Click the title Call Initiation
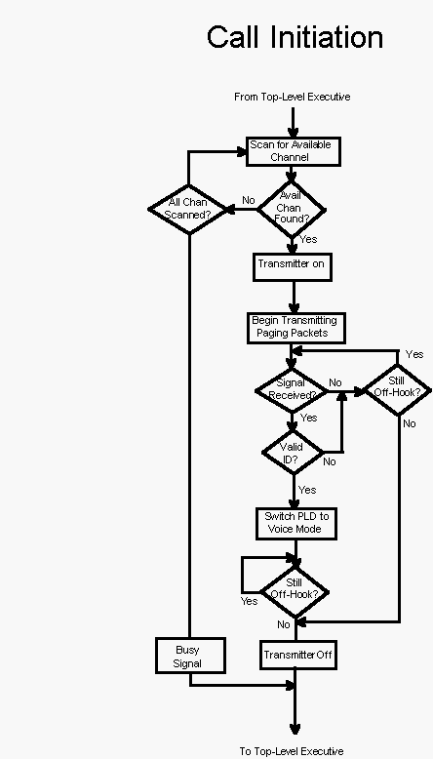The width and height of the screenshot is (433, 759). coord(295,37)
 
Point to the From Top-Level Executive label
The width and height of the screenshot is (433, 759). coord(293,97)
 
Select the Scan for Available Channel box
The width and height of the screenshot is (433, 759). coord(294,151)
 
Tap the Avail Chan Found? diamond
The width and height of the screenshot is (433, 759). coord(292,209)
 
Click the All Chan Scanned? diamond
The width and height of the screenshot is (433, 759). coord(188,209)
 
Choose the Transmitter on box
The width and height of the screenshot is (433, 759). coord(293,266)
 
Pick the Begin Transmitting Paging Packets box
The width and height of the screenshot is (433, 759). coord(296,328)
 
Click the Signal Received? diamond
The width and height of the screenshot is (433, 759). coord(292,391)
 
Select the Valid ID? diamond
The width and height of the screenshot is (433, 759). coord(293,453)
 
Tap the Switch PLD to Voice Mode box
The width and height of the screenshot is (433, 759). coord(296,524)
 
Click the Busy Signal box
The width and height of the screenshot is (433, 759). coord(190,656)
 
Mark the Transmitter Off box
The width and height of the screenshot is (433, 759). coord(298,656)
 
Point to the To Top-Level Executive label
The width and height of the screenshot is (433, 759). coord(292,751)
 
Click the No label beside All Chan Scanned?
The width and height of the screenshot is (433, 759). coord(248,200)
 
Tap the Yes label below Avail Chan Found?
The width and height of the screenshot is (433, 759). coord(308,239)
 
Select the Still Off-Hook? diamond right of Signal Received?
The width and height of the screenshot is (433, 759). coord(397,389)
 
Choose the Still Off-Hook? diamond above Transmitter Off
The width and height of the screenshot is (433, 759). coord(295,593)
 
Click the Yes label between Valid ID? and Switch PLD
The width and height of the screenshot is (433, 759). coord(307,490)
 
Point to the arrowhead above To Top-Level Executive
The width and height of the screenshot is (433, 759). coord(295,729)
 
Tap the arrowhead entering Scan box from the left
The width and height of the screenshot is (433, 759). coord(242,151)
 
